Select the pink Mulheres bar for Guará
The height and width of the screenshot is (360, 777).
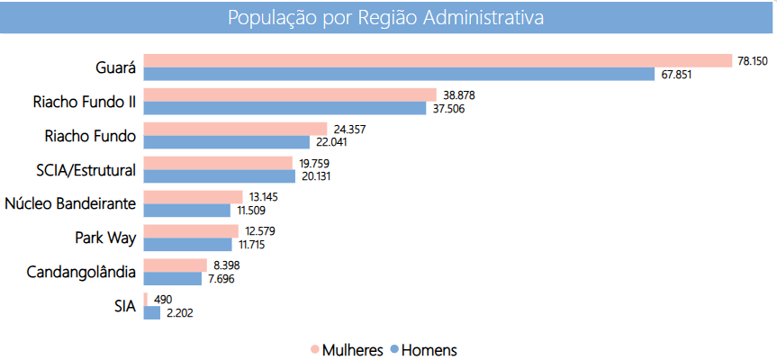[x=438, y=60]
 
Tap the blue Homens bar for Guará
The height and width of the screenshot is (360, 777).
[x=399, y=74]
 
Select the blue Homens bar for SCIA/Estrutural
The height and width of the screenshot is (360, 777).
[x=220, y=176]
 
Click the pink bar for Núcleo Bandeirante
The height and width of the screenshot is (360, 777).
[x=193, y=196]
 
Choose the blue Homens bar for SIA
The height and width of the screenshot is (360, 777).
[x=151, y=312]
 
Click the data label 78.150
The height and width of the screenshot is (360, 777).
[x=753, y=60]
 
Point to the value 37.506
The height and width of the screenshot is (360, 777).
[x=447, y=108]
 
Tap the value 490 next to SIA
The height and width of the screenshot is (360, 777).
[x=162, y=299]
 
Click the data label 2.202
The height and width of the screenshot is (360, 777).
[x=178, y=313]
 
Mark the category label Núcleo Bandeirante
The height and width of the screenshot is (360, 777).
[x=70, y=203]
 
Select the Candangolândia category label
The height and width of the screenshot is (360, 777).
[x=81, y=272]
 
